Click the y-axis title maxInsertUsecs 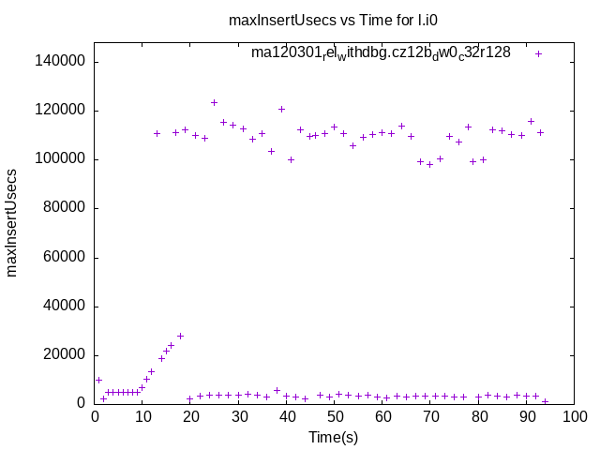tap(13, 223)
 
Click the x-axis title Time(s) tap(333, 437)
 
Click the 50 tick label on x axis tap(334, 417)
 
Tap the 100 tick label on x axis tap(574, 417)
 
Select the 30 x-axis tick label tap(238, 417)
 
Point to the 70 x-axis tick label tap(430, 417)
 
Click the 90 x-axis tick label tap(526, 417)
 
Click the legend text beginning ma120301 tap(381, 52)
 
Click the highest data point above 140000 tap(538, 53)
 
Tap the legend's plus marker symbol tap(538, 53)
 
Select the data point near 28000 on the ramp tap(180, 336)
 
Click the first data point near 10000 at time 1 tap(98, 380)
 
